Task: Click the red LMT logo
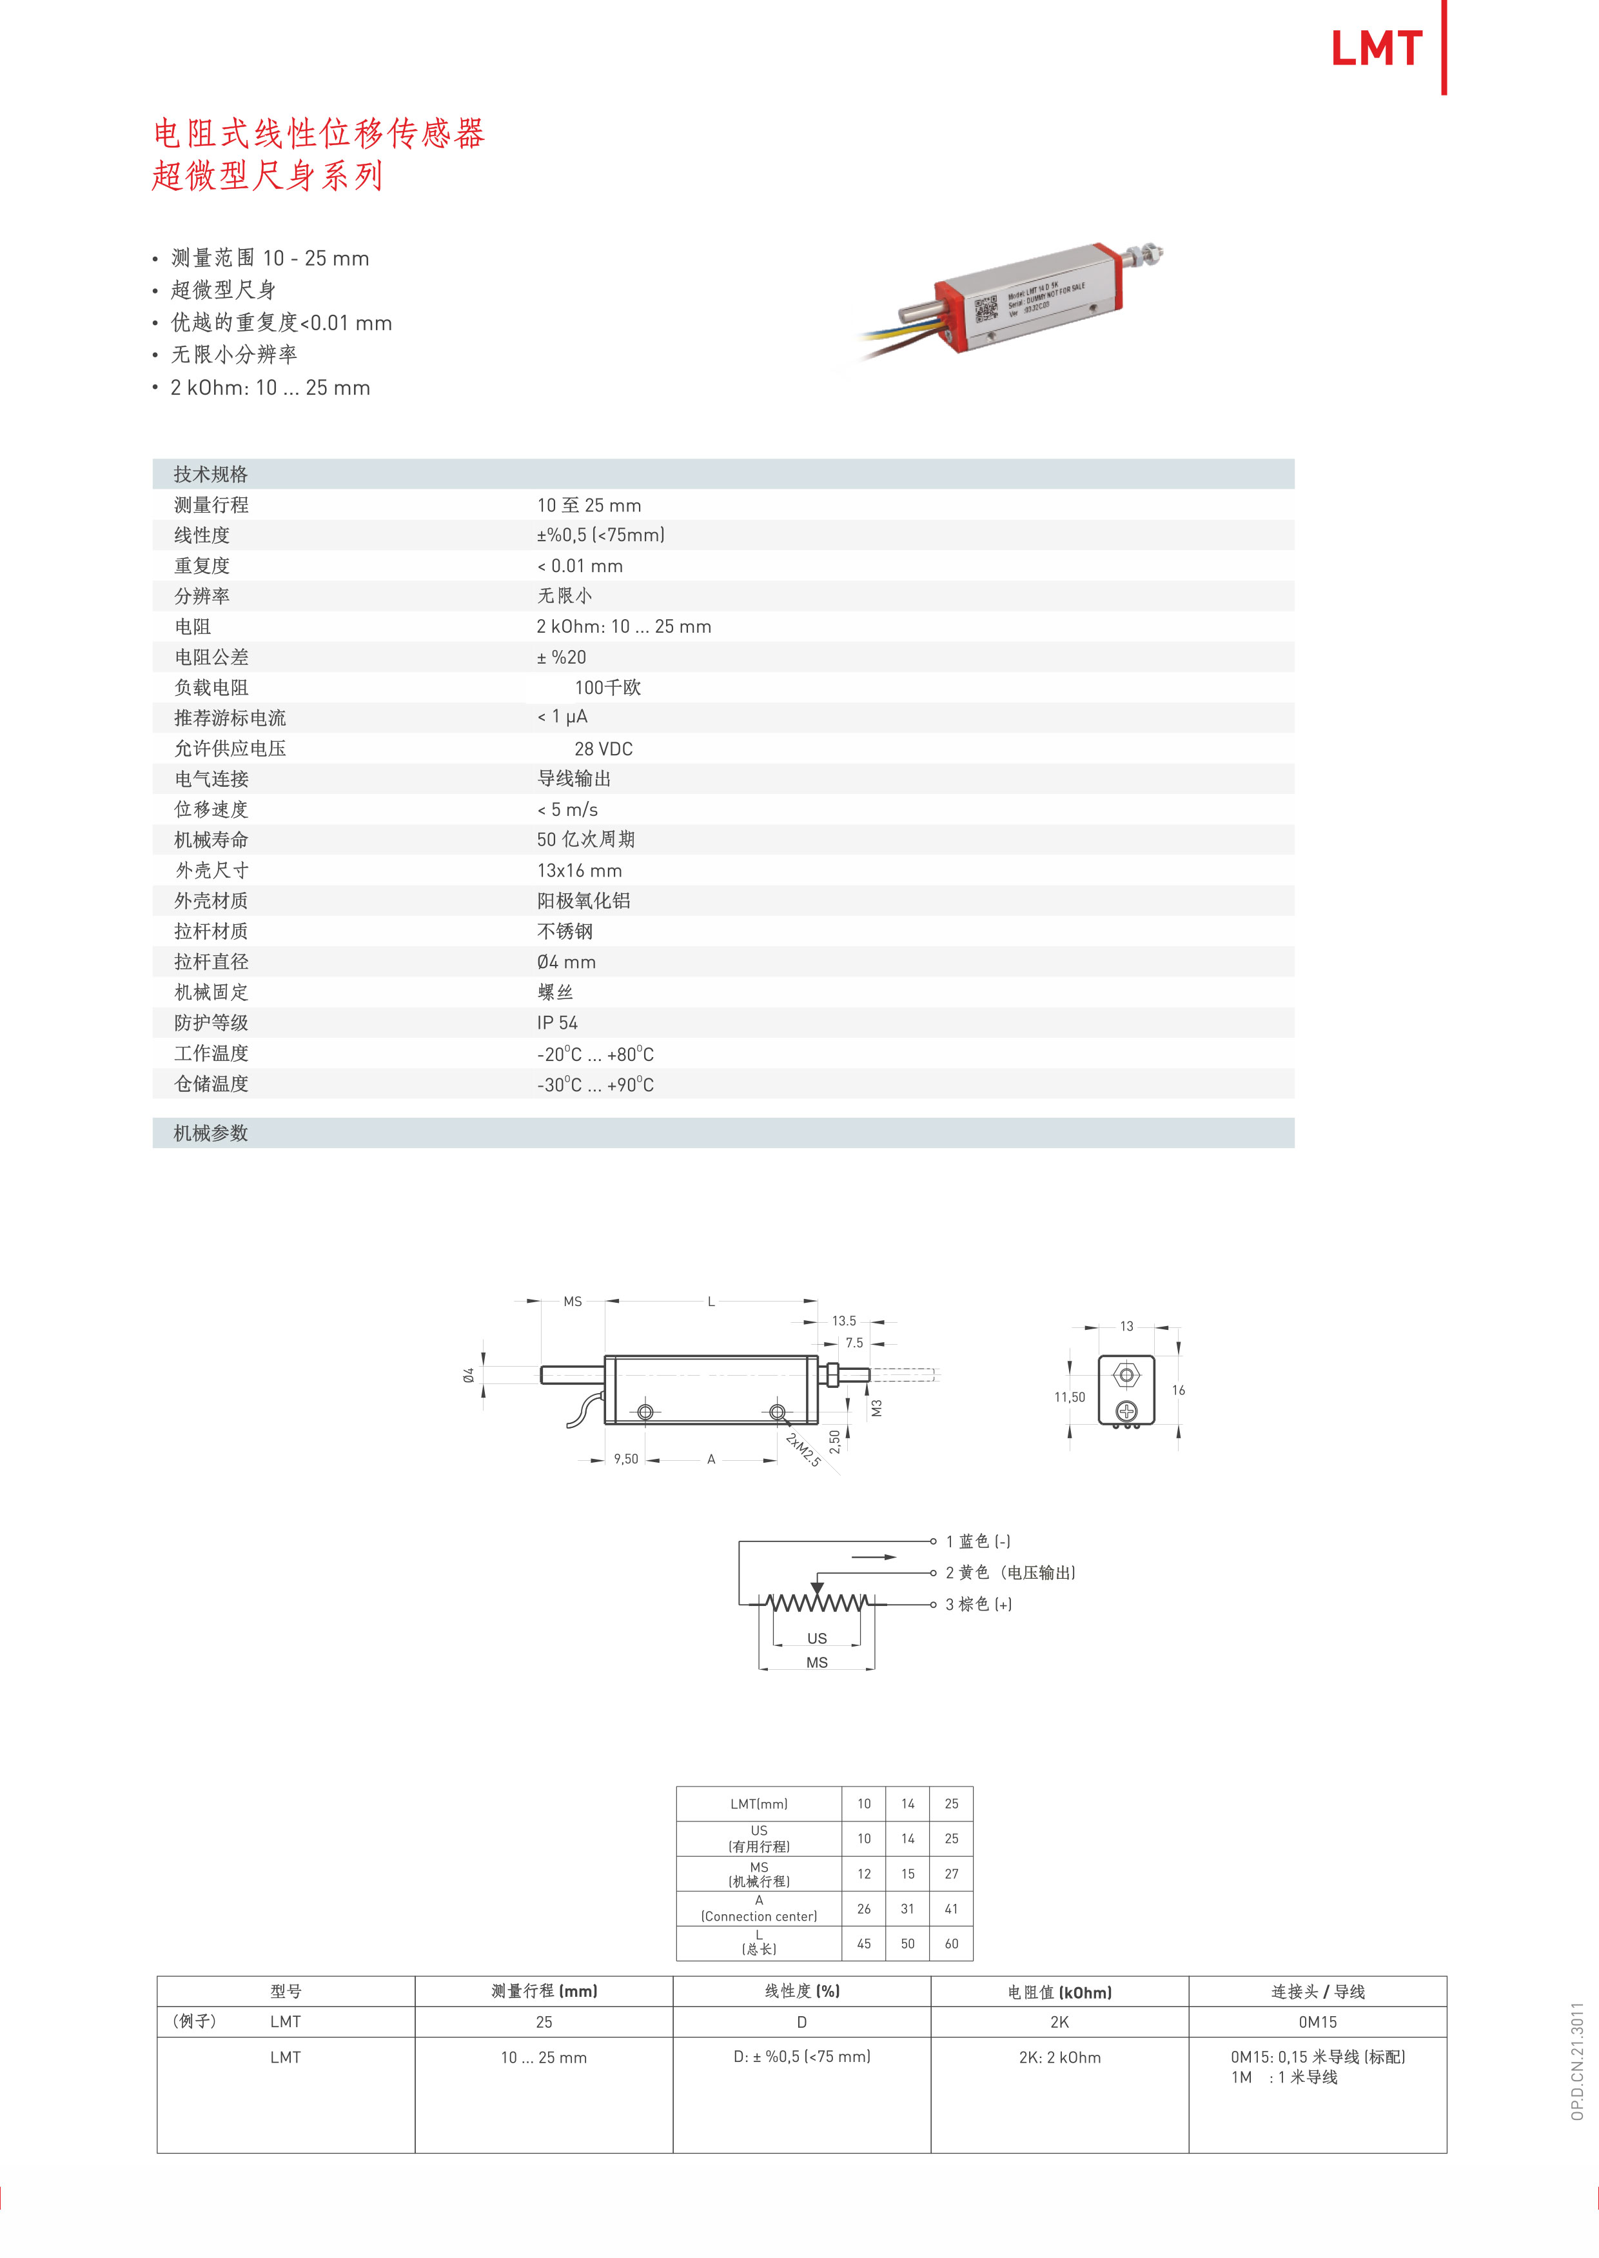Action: click(1377, 48)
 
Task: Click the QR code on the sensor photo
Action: click(986, 309)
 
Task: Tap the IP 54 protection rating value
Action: click(557, 1023)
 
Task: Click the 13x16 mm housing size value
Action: click(579, 871)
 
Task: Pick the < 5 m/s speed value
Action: click(567, 809)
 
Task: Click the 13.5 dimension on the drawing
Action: click(844, 1320)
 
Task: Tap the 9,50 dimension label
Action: click(625, 1458)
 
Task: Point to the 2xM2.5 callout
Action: click(803, 1449)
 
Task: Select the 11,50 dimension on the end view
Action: click(1069, 1396)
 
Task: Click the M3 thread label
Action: click(876, 1408)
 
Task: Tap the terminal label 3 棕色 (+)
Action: click(979, 1604)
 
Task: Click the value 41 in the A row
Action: click(951, 1908)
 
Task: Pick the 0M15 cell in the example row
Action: click(1317, 2022)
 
